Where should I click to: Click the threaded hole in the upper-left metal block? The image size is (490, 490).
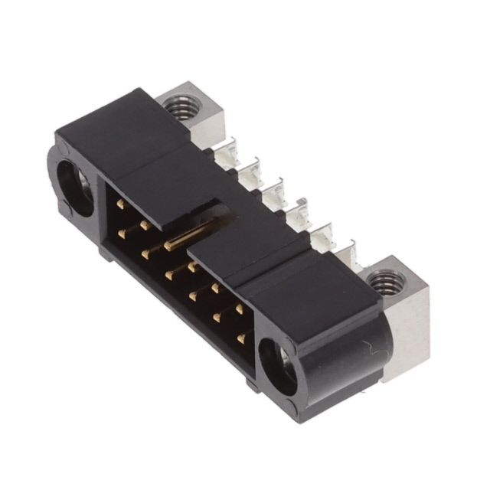coord(181,108)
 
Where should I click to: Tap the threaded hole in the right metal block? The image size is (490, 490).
coord(382,286)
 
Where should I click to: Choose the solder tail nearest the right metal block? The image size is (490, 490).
coord(342,253)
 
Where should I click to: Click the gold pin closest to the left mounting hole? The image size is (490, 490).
coord(121,206)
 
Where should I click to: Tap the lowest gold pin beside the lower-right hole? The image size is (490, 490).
coord(241,338)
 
